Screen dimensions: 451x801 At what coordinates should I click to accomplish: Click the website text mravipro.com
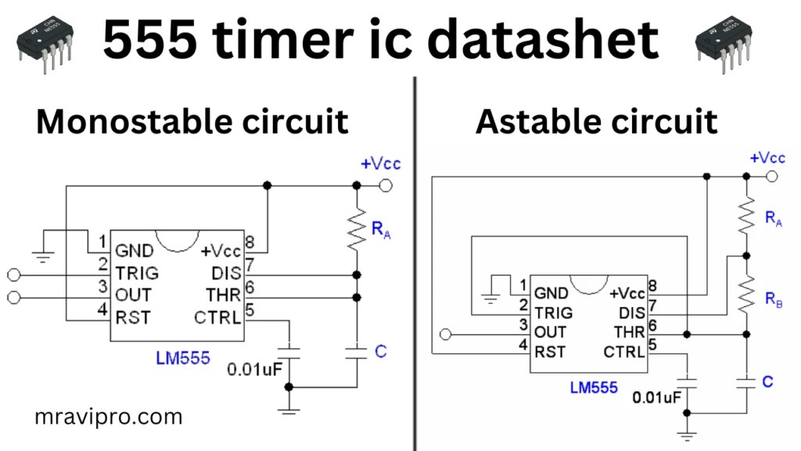tap(108, 417)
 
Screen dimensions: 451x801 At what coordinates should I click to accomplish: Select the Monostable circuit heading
tap(192, 122)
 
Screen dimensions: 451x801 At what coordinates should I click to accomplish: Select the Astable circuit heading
tap(596, 122)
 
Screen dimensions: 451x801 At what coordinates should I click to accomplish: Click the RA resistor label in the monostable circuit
tap(381, 230)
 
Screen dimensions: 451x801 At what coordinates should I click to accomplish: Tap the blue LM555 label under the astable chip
tap(594, 387)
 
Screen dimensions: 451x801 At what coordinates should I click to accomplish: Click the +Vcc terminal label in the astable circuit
tap(767, 158)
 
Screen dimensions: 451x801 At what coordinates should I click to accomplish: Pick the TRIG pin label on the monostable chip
tap(137, 273)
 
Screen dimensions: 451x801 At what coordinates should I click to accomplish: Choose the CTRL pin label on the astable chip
tap(624, 352)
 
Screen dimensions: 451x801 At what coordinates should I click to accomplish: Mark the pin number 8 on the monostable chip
tap(250, 242)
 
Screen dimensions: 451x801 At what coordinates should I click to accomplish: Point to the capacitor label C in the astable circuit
tap(767, 381)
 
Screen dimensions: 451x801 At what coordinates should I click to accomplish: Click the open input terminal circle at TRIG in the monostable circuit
tap(12, 275)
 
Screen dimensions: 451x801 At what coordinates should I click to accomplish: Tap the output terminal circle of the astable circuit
tap(446, 334)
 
